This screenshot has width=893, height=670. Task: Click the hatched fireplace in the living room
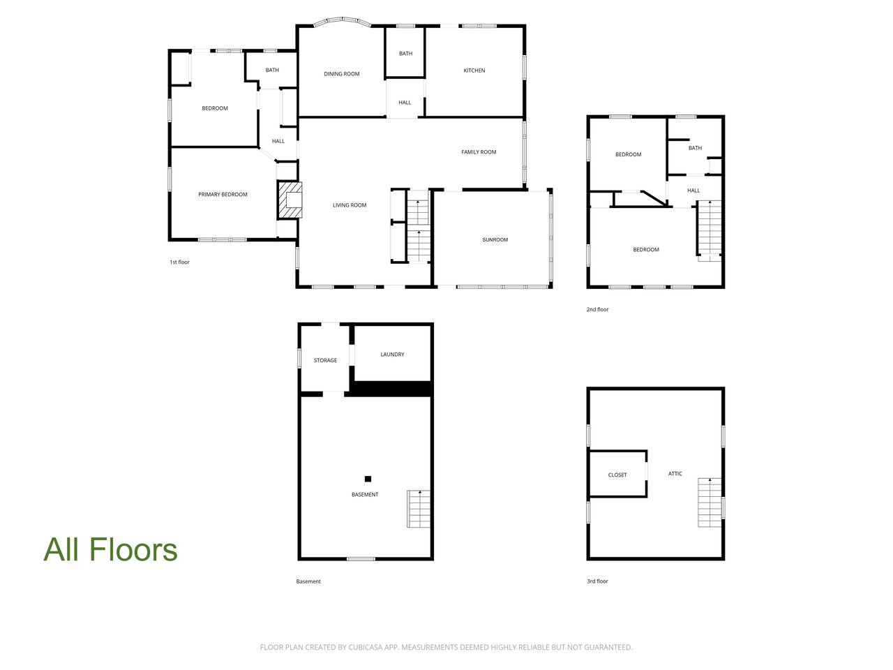pyautogui.click(x=290, y=200)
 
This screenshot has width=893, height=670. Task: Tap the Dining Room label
pyautogui.click(x=341, y=74)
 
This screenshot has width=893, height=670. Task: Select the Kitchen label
pyautogui.click(x=474, y=70)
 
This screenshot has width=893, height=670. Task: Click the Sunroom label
pyautogui.click(x=495, y=239)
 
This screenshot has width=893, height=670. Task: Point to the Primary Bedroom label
pyautogui.click(x=223, y=195)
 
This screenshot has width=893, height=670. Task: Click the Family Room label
pyautogui.click(x=479, y=152)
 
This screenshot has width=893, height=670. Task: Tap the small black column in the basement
pyautogui.click(x=368, y=479)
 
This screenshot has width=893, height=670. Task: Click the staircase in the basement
pyautogui.click(x=418, y=509)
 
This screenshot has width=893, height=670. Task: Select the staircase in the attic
pyautogui.click(x=710, y=502)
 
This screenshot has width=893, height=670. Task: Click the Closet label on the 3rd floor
pyautogui.click(x=617, y=475)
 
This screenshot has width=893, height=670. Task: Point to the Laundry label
pyautogui.click(x=392, y=355)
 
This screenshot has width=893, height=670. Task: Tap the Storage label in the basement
pyautogui.click(x=325, y=360)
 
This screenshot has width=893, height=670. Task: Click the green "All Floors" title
pyautogui.click(x=110, y=549)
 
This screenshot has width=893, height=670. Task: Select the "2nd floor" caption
pyautogui.click(x=597, y=310)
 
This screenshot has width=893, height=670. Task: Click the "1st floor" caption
pyautogui.click(x=179, y=262)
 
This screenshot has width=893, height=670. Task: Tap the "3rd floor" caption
pyautogui.click(x=597, y=581)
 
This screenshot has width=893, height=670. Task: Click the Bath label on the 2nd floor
pyautogui.click(x=695, y=148)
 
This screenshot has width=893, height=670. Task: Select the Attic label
pyautogui.click(x=675, y=473)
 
